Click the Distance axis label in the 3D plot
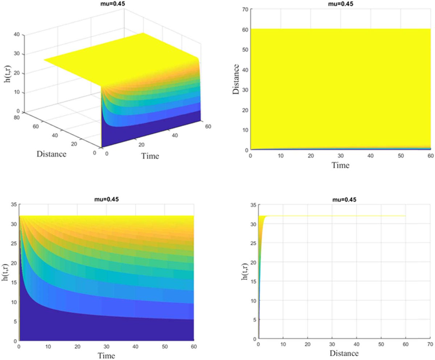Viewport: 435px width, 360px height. [x=51, y=154]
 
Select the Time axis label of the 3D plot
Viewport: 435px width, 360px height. [x=150, y=156]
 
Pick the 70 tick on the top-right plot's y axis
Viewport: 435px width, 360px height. [x=244, y=9]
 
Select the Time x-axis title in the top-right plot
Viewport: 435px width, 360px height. [x=341, y=166]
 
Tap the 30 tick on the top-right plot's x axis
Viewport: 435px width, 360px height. [x=341, y=155]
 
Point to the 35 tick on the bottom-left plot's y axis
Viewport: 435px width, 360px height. [x=13, y=205]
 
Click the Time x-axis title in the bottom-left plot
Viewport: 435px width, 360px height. [x=107, y=356]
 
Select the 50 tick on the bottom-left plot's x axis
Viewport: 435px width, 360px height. [x=165, y=347]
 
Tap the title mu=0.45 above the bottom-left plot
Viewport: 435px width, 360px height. [x=107, y=199]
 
